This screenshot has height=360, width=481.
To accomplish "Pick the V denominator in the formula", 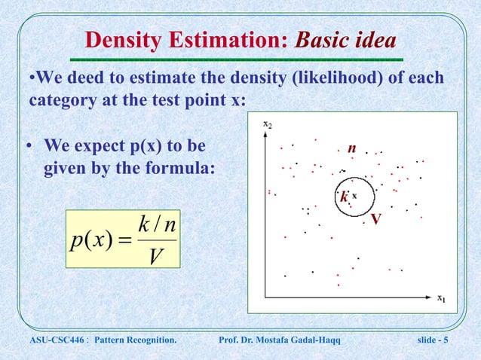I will click(x=156, y=255).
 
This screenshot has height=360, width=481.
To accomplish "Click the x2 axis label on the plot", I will click(x=268, y=123).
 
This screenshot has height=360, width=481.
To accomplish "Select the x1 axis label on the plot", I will click(x=442, y=297).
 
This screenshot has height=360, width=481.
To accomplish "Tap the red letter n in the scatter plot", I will click(x=351, y=149).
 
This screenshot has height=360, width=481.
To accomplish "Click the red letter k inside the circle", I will click(x=344, y=197).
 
